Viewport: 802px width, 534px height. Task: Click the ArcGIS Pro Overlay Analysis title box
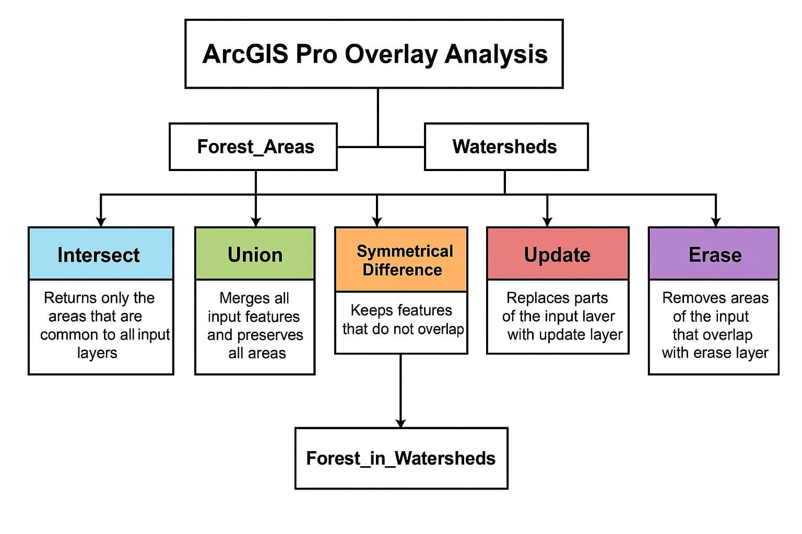[x=374, y=54]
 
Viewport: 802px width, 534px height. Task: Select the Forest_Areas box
[x=253, y=147]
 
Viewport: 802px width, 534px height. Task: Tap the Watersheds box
[x=506, y=147]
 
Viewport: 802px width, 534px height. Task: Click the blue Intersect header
[x=101, y=254]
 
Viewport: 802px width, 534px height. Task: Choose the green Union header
[x=255, y=254]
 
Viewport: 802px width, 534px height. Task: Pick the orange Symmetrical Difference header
[x=401, y=260]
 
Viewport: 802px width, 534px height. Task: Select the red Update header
[x=557, y=254]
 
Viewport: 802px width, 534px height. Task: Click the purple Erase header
[x=713, y=254]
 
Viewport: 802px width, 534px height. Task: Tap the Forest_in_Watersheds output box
[x=401, y=458]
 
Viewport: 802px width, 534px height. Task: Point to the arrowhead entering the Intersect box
[x=101, y=222]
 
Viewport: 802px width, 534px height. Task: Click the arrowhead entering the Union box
[x=255, y=222]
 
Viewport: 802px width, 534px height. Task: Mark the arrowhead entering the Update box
[x=547, y=222]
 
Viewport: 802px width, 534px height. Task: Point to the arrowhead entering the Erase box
[x=716, y=222]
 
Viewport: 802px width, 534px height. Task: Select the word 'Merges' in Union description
[x=238, y=298]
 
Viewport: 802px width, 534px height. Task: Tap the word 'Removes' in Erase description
[x=686, y=298]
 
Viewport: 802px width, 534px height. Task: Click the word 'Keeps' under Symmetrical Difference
[x=368, y=310]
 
